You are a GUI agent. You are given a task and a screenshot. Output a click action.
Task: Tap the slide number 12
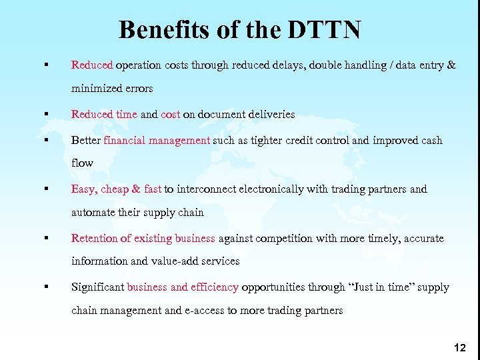tap(459, 347)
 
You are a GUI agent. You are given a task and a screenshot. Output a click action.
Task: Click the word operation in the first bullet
tap(139, 65)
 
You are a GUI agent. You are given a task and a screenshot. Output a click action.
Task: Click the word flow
tap(82, 163)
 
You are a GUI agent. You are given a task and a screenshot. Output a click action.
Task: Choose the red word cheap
tap(115, 189)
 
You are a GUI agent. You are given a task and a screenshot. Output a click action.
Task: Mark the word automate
tap(91, 213)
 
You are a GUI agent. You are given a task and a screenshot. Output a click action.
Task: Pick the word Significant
tap(97, 287)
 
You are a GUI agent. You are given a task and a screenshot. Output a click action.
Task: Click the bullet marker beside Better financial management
tap(46, 141)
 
